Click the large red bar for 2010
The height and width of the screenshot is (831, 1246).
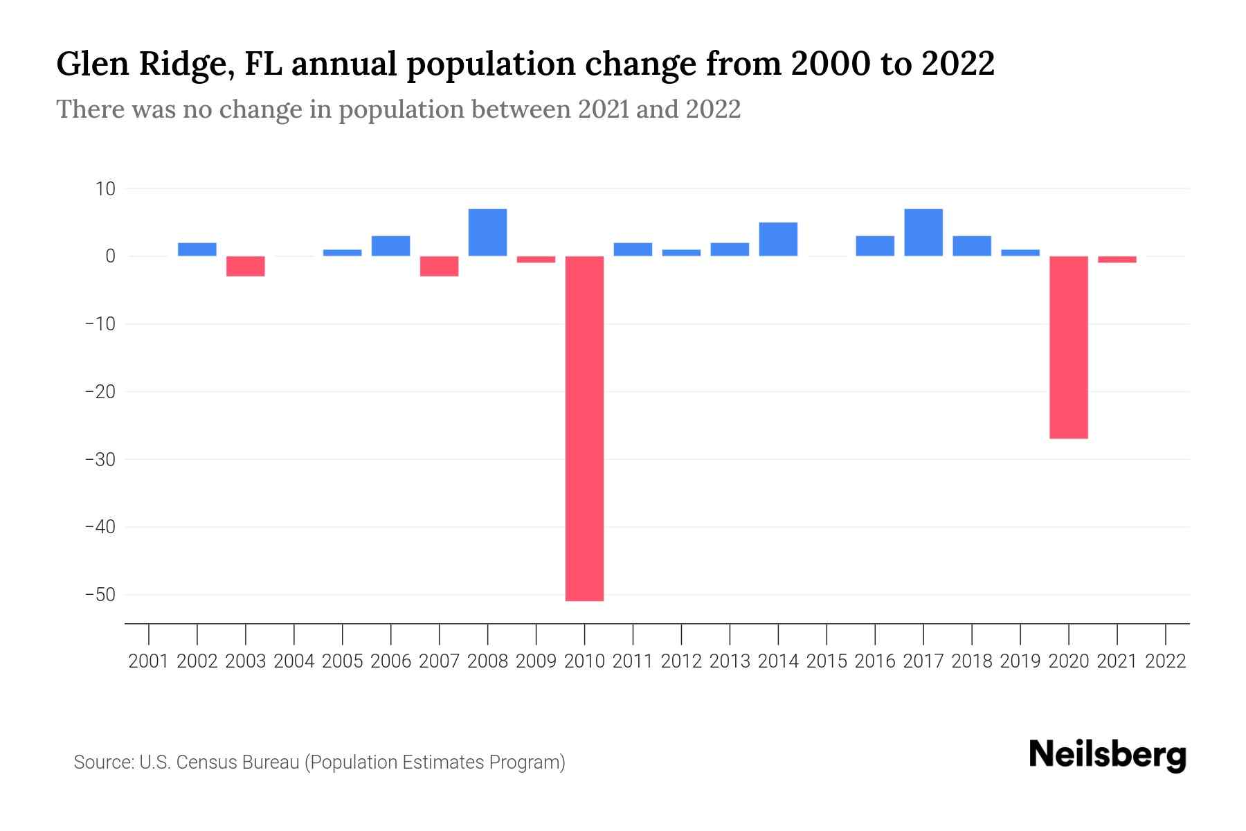pyautogui.click(x=584, y=428)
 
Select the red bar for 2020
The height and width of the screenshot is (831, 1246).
pyautogui.click(x=1068, y=347)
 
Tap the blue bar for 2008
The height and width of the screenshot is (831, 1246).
pyautogui.click(x=487, y=233)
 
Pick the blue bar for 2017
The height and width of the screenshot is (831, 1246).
pyautogui.click(x=923, y=233)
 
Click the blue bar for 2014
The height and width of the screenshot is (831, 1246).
pyautogui.click(x=778, y=240)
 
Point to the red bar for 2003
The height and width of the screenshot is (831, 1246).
pyautogui.click(x=246, y=266)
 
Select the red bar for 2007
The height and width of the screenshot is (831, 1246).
pyautogui.click(x=439, y=266)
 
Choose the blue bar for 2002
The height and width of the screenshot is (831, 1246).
pyautogui.click(x=197, y=249)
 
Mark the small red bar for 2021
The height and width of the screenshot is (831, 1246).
pyautogui.click(x=1117, y=259)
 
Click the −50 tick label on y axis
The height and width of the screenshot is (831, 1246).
pyautogui.click(x=100, y=595)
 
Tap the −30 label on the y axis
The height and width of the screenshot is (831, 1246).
pyautogui.click(x=100, y=459)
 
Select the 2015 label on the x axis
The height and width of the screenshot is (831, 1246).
pyautogui.click(x=827, y=661)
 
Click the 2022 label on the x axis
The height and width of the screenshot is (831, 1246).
pyautogui.click(x=1166, y=661)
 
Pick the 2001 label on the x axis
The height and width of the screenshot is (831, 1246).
pyautogui.click(x=149, y=661)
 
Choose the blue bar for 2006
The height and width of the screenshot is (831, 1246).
pyautogui.click(x=390, y=246)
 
